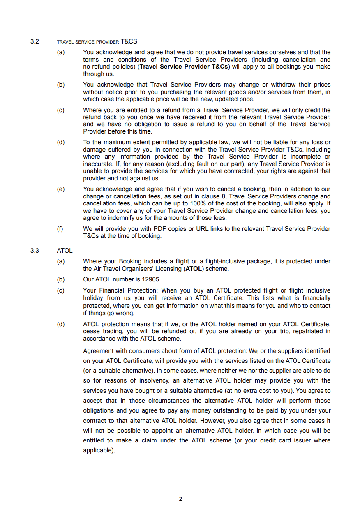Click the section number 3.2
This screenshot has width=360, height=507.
point(35,41)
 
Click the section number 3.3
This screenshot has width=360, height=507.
point(35,250)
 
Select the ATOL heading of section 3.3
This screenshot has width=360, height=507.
point(65,250)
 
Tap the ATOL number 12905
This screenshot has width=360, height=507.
point(150,279)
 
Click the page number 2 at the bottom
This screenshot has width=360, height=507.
point(180,499)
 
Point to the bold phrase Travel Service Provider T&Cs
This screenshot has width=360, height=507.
point(184,67)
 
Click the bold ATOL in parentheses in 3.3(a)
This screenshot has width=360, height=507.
point(194,269)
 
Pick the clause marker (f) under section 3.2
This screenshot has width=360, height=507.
point(60,228)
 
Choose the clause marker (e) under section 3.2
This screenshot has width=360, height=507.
point(60,189)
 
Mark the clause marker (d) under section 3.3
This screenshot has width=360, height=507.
point(60,324)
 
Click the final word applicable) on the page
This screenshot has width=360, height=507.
point(99,450)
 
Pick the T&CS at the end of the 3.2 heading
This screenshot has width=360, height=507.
point(129,41)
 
